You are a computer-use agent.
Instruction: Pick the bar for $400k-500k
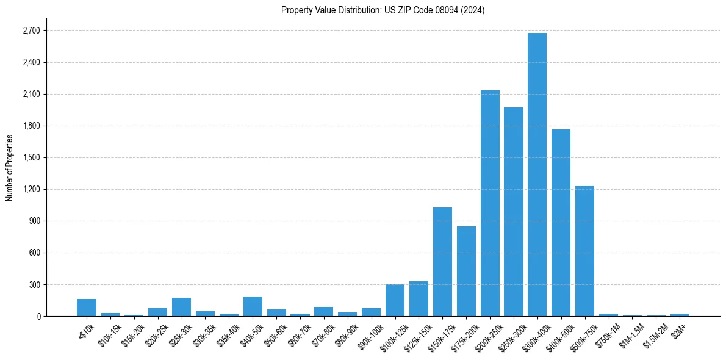561,223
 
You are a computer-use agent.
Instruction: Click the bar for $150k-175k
442,262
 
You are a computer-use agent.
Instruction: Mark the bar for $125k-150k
419,299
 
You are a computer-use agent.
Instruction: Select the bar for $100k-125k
395,300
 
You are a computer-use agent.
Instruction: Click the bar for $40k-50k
253,306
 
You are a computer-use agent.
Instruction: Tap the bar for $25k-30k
181,307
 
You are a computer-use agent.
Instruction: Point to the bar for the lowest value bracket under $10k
87,308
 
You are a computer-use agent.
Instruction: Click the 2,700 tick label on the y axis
31,31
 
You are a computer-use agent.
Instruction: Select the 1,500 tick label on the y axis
31,157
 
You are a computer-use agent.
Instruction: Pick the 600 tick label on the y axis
34,253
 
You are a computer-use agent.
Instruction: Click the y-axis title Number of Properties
9,168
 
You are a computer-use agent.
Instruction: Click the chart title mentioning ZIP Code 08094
383,10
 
